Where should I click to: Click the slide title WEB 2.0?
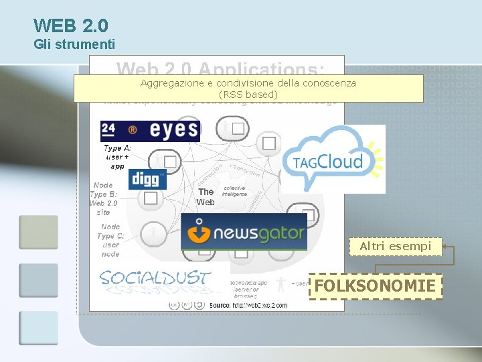[x=70, y=25]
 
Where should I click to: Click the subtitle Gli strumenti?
[x=74, y=45]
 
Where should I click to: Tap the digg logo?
[x=147, y=179]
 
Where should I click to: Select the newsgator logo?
[x=244, y=232]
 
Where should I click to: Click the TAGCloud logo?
[x=333, y=159]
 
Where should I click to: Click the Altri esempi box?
[x=395, y=247]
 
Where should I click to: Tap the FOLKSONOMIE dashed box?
[x=376, y=286]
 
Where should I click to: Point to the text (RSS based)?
[x=248, y=95]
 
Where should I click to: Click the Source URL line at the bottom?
[x=248, y=305]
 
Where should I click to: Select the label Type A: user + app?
[x=116, y=157]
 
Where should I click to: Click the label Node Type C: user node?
[x=110, y=240]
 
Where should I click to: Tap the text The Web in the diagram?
[x=206, y=196]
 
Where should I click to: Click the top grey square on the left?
[x=38, y=232]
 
